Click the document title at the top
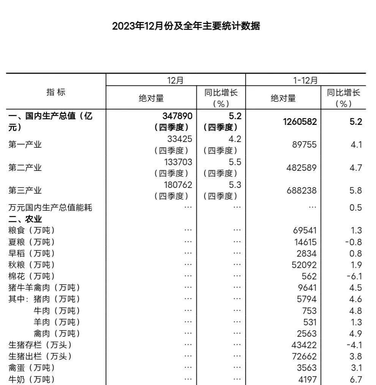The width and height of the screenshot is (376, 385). pyautogui.click(x=186, y=26)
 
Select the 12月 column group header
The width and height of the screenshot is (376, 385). pyautogui.click(x=175, y=80)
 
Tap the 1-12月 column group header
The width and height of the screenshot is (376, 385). pyautogui.click(x=305, y=80)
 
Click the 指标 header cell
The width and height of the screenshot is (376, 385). pyautogui.click(x=56, y=92)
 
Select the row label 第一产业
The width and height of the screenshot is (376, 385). pyautogui.click(x=25, y=145)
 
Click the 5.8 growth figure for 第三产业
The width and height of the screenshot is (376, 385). pyautogui.click(x=355, y=191)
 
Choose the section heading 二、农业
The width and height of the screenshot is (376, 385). pyautogui.click(x=25, y=219)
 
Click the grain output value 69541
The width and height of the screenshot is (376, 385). pyautogui.click(x=304, y=230)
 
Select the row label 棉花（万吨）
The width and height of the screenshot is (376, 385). pyautogui.click(x=32, y=276)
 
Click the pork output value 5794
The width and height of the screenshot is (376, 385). pyautogui.click(x=306, y=299)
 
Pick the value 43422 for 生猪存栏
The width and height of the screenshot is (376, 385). pyautogui.click(x=304, y=345)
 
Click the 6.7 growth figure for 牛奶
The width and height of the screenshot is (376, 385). pyautogui.click(x=355, y=379)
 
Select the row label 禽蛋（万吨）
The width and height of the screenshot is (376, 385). pyautogui.click(x=32, y=368)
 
